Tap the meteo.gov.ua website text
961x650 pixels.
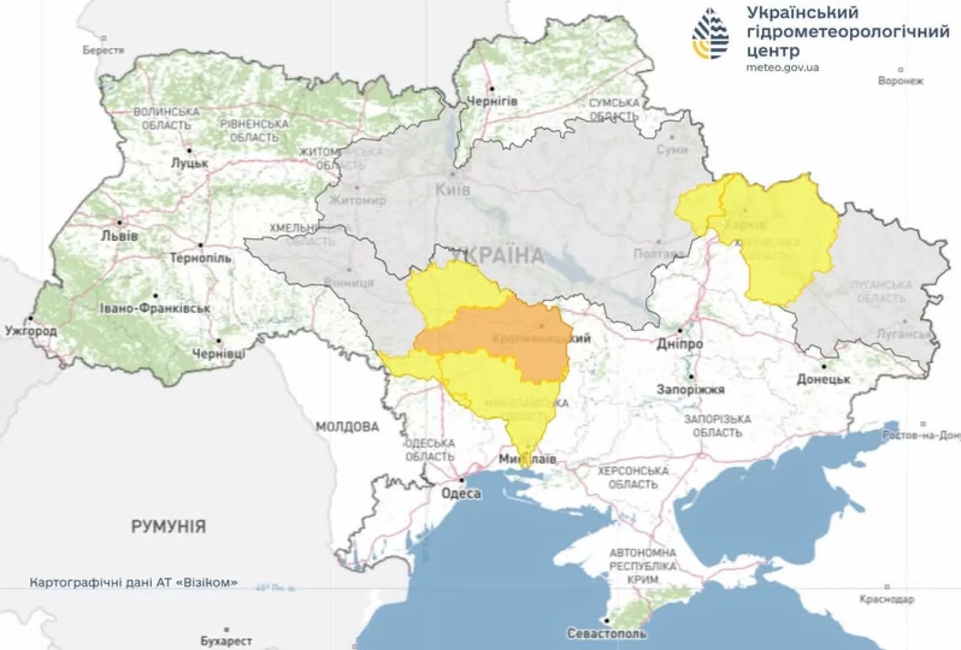point(782,67)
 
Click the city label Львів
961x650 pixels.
point(120,236)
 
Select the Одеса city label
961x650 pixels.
point(461,493)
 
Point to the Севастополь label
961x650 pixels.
point(606,633)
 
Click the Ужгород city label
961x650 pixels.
point(31,330)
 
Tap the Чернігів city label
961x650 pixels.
point(491,101)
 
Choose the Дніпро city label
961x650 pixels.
point(679,343)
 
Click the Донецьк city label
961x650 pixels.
point(823,378)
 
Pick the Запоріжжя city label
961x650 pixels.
point(690,389)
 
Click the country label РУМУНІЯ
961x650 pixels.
point(168,526)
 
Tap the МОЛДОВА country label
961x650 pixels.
point(347,427)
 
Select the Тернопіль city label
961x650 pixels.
point(201,258)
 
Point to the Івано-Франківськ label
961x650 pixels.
point(155,308)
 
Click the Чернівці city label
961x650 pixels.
point(218,353)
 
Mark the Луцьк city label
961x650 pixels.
point(190,163)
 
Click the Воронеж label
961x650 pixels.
point(901,81)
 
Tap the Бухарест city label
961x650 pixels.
point(226,640)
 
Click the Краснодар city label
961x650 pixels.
point(887,599)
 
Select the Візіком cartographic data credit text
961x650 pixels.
point(133,582)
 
